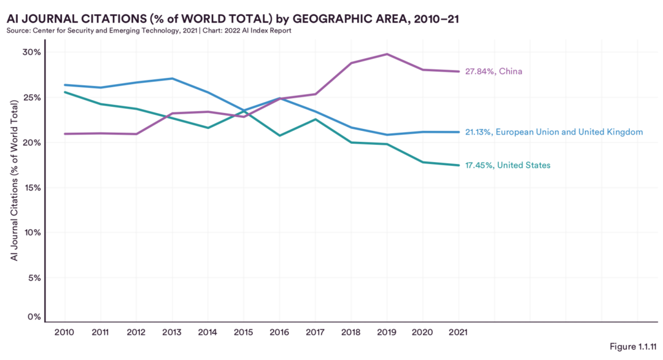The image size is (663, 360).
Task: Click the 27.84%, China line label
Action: click(x=494, y=72)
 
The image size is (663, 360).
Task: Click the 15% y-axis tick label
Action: click(x=33, y=187)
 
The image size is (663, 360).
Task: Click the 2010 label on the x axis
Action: click(x=64, y=332)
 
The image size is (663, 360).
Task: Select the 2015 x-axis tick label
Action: click(x=244, y=332)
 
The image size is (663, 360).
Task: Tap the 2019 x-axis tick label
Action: click(x=387, y=332)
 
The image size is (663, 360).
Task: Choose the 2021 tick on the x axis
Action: click(x=459, y=332)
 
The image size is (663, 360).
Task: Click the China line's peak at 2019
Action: click(x=387, y=54)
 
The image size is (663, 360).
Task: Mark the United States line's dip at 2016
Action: click(x=279, y=135)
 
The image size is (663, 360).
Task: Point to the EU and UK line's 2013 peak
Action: click(x=172, y=79)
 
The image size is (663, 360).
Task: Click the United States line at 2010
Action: click(x=64, y=92)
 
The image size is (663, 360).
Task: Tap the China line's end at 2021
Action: click(x=459, y=71)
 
